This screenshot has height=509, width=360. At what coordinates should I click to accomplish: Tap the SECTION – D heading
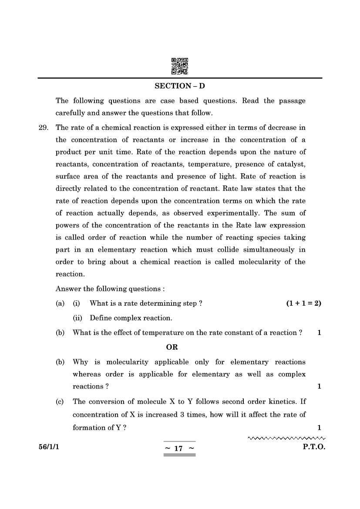pyautogui.click(x=180, y=86)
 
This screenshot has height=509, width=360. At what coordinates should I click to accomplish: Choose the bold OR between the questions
pyautogui.click(x=172, y=347)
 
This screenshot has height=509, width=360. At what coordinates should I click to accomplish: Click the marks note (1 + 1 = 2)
pyautogui.click(x=303, y=303)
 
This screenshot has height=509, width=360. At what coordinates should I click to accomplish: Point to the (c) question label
pyautogui.click(x=60, y=401)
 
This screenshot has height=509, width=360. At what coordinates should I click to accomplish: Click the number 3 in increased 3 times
pyautogui.click(x=182, y=415)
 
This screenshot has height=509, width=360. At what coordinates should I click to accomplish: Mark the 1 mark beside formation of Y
pyautogui.click(x=319, y=428)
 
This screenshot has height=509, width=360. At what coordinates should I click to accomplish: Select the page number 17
pyautogui.click(x=178, y=448)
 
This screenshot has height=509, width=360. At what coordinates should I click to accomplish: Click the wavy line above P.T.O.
pyautogui.click(x=286, y=438)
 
